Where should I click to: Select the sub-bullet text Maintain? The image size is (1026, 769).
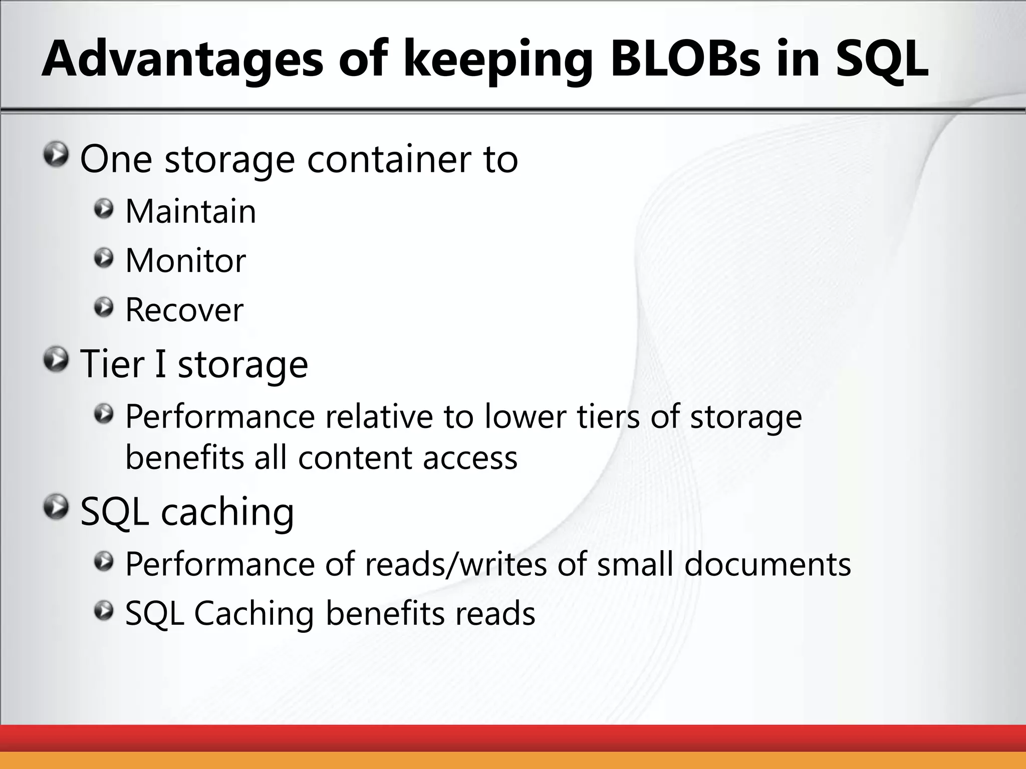[x=190, y=211]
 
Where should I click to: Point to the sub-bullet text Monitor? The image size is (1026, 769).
[x=185, y=260]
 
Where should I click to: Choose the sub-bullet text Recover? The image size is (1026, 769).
[x=184, y=310]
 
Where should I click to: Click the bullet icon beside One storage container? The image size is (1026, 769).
[x=56, y=155]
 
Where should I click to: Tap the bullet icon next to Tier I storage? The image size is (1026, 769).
[x=56, y=360]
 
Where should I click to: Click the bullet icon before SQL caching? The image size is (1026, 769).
[x=56, y=508]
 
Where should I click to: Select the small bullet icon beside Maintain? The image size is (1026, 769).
[x=104, y=209]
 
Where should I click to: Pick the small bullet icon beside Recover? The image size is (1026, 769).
[x=104, y=307]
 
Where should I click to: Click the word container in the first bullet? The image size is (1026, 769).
[x=390, y=159]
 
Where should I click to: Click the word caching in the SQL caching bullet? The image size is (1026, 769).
[x=227, y=513]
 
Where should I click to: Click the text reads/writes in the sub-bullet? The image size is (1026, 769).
[x=455, y=564]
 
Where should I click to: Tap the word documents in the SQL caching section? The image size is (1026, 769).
[x=767, y=564]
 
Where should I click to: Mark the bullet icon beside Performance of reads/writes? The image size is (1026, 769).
[x=104, y=561]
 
